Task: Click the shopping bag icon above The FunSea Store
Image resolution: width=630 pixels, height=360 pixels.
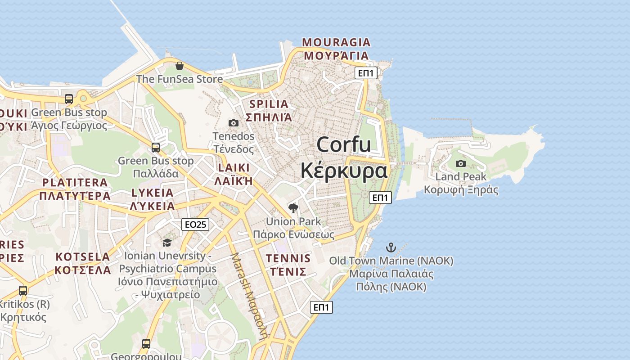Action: click(180, 66)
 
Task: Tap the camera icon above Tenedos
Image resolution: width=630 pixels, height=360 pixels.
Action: click(233, 123)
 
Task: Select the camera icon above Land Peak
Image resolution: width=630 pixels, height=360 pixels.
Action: click(461, 163)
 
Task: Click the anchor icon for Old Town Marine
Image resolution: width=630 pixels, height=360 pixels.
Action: click(391, 247)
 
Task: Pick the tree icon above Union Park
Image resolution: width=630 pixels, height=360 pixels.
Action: click(293, 208)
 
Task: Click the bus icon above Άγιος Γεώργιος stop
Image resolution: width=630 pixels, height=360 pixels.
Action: click(69, 99)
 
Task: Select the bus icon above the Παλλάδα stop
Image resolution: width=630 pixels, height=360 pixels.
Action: click(155, 147)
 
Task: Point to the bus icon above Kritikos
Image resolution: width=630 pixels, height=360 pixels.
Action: click(23, 290)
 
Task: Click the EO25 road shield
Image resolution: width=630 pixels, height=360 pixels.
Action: click(196, 224)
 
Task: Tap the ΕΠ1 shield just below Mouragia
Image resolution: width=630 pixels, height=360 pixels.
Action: click(365, 73)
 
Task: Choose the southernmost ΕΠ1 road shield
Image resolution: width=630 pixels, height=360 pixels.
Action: click(321, 307)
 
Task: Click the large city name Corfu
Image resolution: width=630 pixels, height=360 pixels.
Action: click(344, 145)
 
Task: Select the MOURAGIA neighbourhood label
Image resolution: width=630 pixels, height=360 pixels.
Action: click(336, 43)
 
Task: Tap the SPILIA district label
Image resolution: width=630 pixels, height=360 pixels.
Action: click(269, 104)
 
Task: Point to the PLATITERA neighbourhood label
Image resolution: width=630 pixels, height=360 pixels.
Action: click(75, 183)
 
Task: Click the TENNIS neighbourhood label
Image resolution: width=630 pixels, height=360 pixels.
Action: click(288, 259)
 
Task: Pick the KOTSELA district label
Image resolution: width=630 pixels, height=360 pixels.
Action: click(83, 257)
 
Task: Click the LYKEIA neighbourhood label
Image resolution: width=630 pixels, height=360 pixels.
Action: click(153, 193)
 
